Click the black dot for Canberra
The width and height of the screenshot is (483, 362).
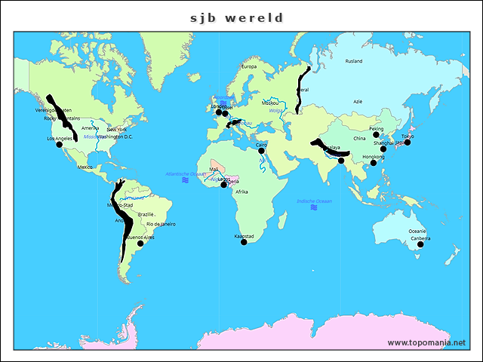[x=420, y=244]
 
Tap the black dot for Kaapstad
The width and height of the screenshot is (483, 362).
[x=244, y=242]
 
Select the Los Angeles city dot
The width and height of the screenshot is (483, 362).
[x=60, y=145]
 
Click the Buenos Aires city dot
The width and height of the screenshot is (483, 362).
[x=140, y=243]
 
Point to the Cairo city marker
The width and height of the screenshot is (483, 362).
[x=262, y=151]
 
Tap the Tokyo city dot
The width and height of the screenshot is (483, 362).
[x=408, y=143]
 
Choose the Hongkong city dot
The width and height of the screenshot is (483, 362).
[x=373, y=163]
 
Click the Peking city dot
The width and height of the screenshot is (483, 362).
[x=377, y=134]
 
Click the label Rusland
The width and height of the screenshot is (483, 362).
[x=353, y=61]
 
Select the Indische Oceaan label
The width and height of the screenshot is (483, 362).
[x=314, y=201]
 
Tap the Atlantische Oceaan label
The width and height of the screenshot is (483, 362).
[x=185, y=174]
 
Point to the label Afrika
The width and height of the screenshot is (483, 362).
[x=241, y=192]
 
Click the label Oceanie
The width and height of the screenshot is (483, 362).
[x=417, y=231]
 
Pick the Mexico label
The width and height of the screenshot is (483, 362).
[x=85, y=167]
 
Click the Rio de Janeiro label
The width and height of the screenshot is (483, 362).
[x=161, y=224]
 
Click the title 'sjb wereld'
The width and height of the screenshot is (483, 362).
[x=241, y=17]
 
